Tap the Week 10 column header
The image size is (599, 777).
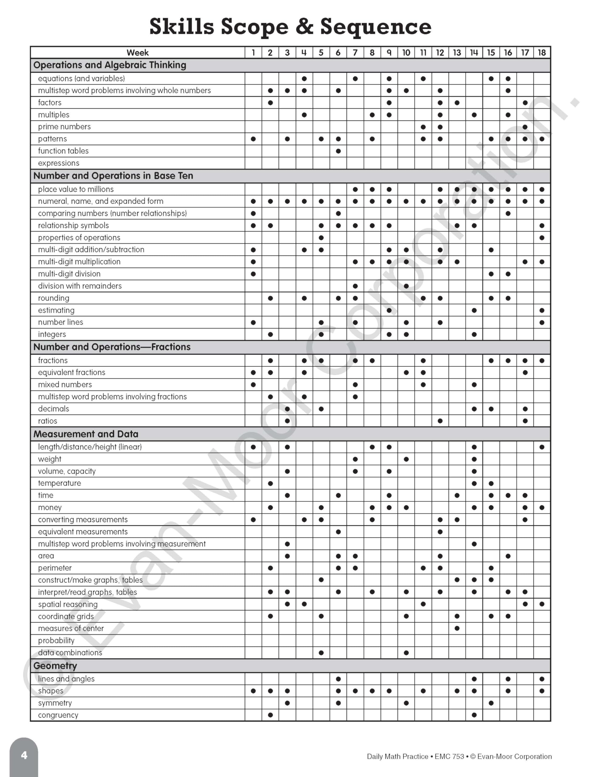pyautogui.click(x=406, y=53)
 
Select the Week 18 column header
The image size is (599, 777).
pyautogui.click(x=542, y=53)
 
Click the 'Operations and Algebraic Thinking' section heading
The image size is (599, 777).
pyautogui.click(x=110, y=65)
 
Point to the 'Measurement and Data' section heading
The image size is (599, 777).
pyautogui.click(x=86, y=434)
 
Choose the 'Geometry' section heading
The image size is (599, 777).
pyautogui.click(x=55, y=666)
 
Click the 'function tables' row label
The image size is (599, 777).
pyautogui.click(x=63, y=151)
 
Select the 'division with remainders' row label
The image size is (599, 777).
pyautogui.click(x=80, y=286)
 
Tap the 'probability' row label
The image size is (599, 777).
pyautogui.click(x=56, y=640)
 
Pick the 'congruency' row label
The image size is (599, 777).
pyautogui.click(x=58, y=715)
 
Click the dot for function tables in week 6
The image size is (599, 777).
pyautogui.click(x=338, y=151)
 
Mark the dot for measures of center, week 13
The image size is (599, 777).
pyautogui.click(x=457, y=628)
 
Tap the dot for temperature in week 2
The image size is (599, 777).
pyautogui.click(x=270, y=484)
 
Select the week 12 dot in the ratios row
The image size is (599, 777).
pyautogui.click(x=440, y=421)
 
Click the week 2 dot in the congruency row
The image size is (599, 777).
pyautogui.click(x=270, y=715)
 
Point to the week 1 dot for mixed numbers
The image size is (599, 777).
pyautogui.click(x=253, y=385)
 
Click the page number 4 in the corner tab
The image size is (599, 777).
pyautogui.click(x=24, y=756)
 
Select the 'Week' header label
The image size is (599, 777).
pyautogui.click(x=138, y=53)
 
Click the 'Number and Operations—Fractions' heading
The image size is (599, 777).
pyautogui.click(x=112, y=347)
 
